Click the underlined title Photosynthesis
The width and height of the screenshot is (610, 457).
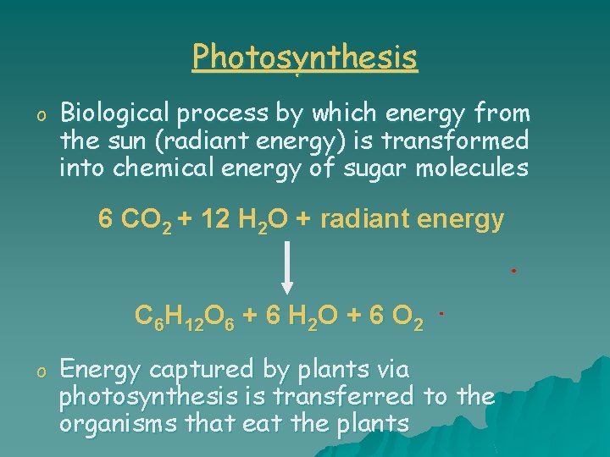pos(305,58)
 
